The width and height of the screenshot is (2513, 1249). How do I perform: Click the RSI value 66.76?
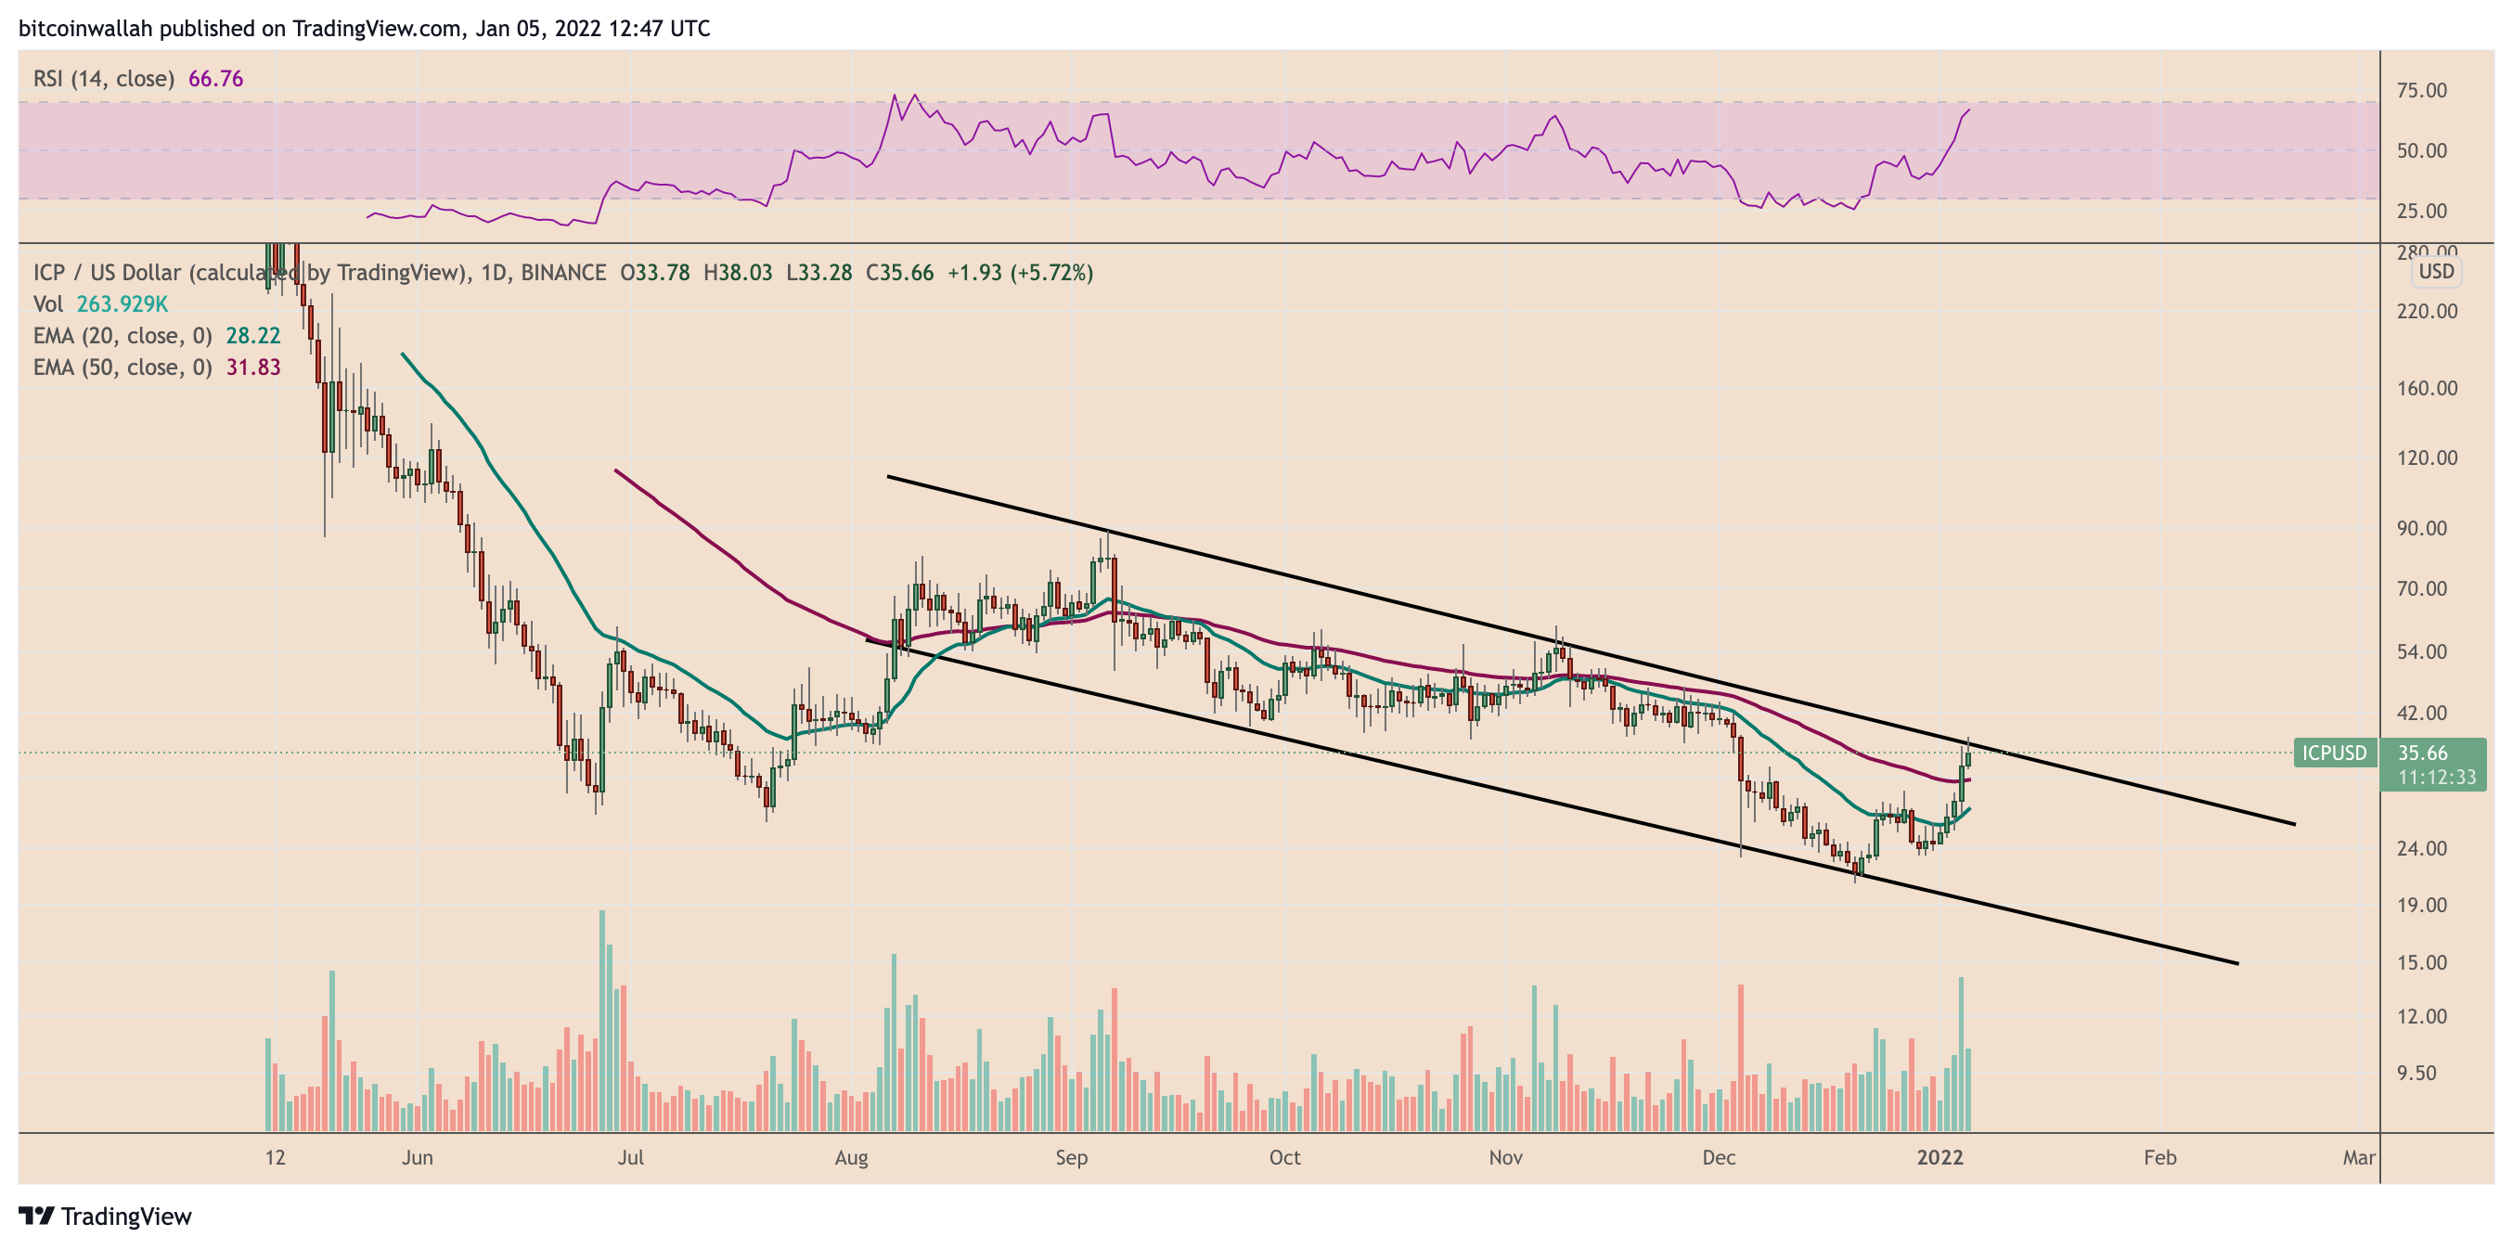click(215, 79)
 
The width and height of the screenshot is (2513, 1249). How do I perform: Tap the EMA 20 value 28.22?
click(252, 336)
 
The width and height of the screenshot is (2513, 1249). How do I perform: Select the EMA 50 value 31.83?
click(252, 367)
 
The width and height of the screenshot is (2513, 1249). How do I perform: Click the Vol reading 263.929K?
click(122, 304)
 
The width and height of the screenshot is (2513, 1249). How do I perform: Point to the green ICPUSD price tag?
click(2335, 753)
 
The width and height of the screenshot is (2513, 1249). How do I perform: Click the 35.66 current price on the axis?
click(2422, 753)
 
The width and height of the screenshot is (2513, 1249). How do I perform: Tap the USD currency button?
click(2436, 271)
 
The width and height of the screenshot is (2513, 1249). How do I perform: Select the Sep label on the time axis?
click(1071, 1157)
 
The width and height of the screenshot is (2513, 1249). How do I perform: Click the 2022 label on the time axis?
click(1940, 1157)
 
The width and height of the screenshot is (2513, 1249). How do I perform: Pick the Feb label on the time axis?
click(2159, 1157)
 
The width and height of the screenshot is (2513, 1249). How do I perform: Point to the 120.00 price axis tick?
click(2427, 457)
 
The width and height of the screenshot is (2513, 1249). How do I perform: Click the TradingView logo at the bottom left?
click(106, 1216)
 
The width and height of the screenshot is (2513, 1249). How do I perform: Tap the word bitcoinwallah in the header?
click(86, 28)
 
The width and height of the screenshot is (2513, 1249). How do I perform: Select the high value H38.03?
click(738, 272)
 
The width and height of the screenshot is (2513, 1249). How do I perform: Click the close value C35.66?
click(899, 272)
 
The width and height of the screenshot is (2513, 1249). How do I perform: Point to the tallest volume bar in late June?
click(602, 1020)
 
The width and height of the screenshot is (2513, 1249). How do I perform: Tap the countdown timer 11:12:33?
click(2437, 777)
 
